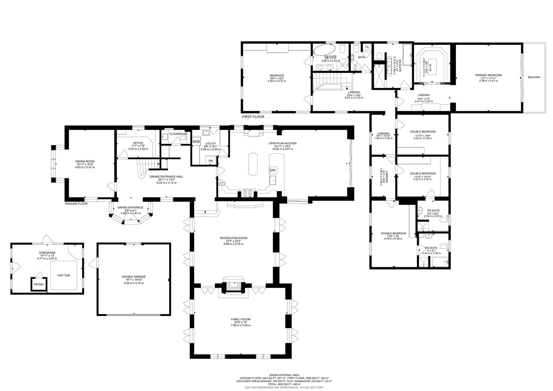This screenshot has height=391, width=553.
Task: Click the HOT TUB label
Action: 64,276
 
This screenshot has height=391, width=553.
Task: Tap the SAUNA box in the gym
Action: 39,284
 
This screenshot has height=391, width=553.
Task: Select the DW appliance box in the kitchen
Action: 273,171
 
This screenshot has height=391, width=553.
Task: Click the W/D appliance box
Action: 197,142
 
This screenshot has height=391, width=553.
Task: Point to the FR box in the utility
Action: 211,161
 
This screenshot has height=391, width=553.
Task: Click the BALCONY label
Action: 534,77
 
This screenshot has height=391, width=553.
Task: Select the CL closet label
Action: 367,47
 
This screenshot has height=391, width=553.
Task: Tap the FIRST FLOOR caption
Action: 253,117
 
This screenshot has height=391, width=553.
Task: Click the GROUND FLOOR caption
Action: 76,204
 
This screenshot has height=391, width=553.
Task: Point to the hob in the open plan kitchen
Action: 248,193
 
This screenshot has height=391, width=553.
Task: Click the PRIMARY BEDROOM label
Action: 488,75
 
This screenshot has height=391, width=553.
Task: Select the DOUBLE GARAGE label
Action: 134,277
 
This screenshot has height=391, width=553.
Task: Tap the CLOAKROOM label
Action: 178,134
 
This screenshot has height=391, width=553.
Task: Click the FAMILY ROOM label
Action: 241,319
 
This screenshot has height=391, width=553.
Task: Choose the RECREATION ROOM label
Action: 233,238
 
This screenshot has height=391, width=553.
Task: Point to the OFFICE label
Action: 138,143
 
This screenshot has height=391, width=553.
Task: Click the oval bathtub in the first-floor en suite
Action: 324,50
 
